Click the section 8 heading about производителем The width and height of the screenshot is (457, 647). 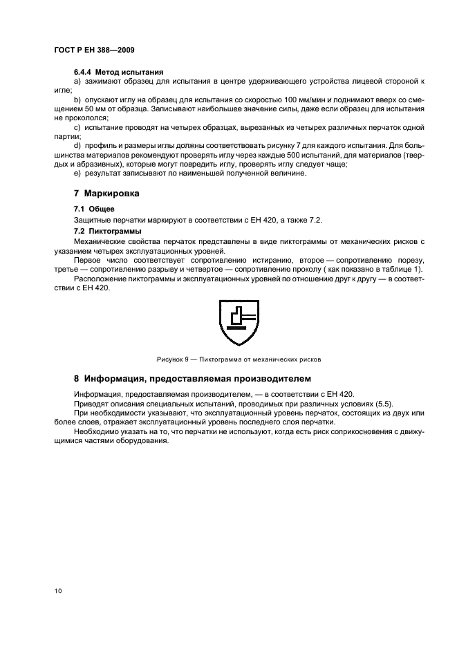(193, 379)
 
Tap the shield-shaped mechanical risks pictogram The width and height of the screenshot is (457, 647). (238, 325)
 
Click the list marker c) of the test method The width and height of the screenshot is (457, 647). (77, 128)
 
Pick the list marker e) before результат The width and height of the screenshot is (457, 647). (77, 173)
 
